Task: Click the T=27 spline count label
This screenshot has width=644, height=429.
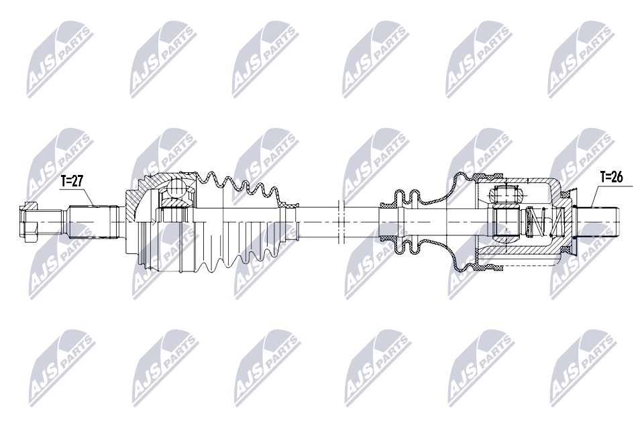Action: pos(72,180)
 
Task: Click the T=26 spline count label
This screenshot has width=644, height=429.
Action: pos(611,178)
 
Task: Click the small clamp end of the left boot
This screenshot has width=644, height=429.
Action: pos(290,219)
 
